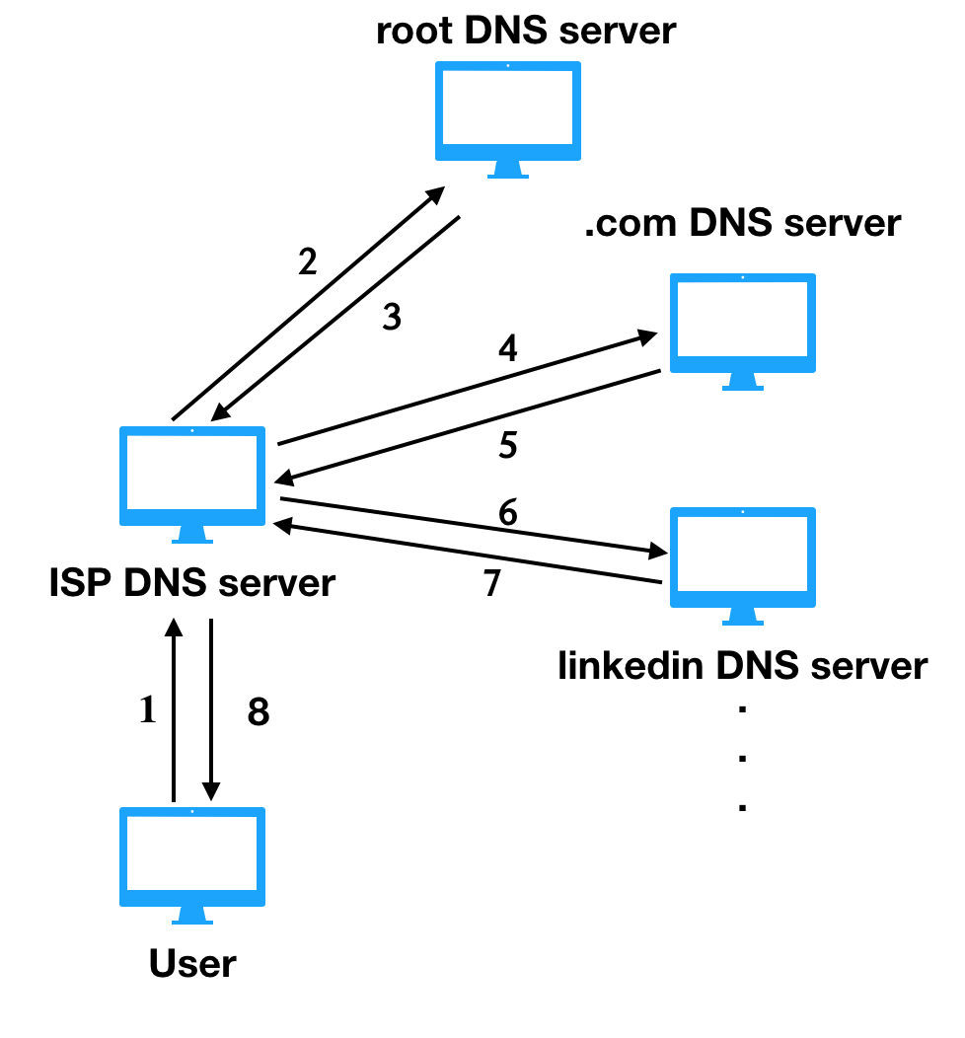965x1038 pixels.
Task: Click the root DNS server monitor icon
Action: point(507,119)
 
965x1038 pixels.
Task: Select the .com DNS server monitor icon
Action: point(743,331)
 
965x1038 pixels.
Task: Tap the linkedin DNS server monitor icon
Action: point(743,566)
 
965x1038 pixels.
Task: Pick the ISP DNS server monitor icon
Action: point(192,484)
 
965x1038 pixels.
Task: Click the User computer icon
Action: point(192,865)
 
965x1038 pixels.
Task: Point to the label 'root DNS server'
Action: point(526,31)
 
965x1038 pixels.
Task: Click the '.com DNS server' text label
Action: point(743,222)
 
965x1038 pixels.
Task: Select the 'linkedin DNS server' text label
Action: point(743,665)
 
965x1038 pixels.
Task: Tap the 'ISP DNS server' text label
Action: point(192,582)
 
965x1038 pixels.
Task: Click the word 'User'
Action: point(192,963)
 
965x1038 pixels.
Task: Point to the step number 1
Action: point(148,709)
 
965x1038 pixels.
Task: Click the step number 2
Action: point(307,261)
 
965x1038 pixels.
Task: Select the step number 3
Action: point(392,317)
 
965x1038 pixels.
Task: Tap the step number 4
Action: point(507,348)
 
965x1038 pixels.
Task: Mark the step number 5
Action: point(507,445)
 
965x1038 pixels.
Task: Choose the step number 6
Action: point(507,512)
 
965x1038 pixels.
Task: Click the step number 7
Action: point(491,582)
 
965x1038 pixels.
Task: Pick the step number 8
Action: point(259,712)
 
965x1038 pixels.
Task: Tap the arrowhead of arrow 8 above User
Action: point(211,791)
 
